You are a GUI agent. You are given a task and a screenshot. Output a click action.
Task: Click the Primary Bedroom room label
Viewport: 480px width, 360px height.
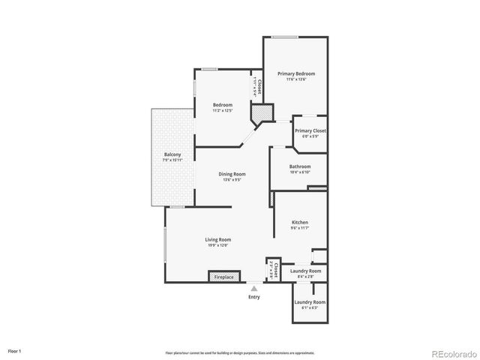click(295, 73)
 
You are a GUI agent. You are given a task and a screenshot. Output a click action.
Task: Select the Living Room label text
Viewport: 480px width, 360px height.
click(218, 239)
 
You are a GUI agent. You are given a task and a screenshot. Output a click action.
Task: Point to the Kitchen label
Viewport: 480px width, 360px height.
click(300, 222)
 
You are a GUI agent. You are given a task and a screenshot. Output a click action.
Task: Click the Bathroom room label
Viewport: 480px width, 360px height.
click(300, 166)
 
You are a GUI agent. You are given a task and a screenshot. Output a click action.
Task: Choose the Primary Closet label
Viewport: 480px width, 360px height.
click(310, 130)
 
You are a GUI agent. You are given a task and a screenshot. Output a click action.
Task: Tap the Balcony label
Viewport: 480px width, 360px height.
click(172, 154)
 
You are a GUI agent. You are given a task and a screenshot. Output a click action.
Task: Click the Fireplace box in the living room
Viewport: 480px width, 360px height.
click(224, 277)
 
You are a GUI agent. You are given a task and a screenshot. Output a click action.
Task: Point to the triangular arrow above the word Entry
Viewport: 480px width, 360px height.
click(254, 288)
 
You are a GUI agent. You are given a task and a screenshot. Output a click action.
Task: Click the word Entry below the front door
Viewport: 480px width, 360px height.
click(254, 297)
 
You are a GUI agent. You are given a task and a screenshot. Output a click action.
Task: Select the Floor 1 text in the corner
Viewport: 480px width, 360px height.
click(15, 350)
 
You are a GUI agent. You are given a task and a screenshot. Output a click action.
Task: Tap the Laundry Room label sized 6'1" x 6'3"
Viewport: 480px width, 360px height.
click(309, 301)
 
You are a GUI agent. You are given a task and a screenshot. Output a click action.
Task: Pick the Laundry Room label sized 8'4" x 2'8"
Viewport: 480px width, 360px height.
click(309, 271)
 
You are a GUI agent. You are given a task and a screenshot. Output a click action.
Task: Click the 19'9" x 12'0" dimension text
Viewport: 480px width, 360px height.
click(218, 245)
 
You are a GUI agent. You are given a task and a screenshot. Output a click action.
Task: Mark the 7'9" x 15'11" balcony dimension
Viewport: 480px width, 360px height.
click(172, 160)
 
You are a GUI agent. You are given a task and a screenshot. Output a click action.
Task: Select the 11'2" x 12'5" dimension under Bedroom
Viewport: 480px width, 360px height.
click(222, 110)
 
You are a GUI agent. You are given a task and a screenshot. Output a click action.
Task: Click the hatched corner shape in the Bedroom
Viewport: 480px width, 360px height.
click(259, 114)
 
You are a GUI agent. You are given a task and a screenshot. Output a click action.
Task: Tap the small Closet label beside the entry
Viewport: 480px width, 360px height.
click(275, 271)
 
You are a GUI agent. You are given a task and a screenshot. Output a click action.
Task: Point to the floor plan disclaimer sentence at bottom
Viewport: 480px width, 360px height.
click(240, 352)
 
